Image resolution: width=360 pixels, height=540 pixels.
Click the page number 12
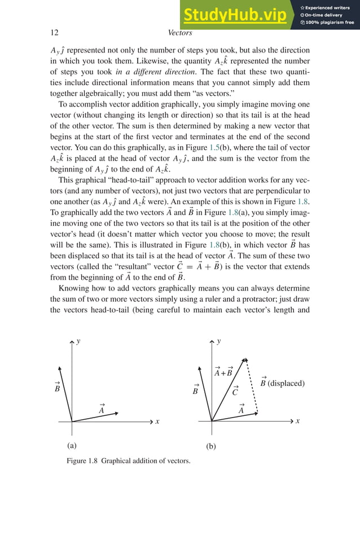coord(55,33)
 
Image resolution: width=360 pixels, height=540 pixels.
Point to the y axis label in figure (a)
coord(78,341)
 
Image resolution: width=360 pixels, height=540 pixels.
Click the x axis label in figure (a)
coord(157,422)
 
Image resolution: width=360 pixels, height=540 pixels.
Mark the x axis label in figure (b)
coord(297,422)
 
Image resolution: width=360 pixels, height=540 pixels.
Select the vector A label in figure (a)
coord(102,409)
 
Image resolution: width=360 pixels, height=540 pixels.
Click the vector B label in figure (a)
coord(57,387)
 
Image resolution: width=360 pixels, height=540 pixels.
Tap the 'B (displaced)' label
coord(282,383)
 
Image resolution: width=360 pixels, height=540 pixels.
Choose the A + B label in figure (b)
coord(223,372)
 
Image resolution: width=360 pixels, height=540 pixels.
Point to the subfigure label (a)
coord(72,445)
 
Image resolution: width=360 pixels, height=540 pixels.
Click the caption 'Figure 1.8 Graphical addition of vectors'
coord(128,461)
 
